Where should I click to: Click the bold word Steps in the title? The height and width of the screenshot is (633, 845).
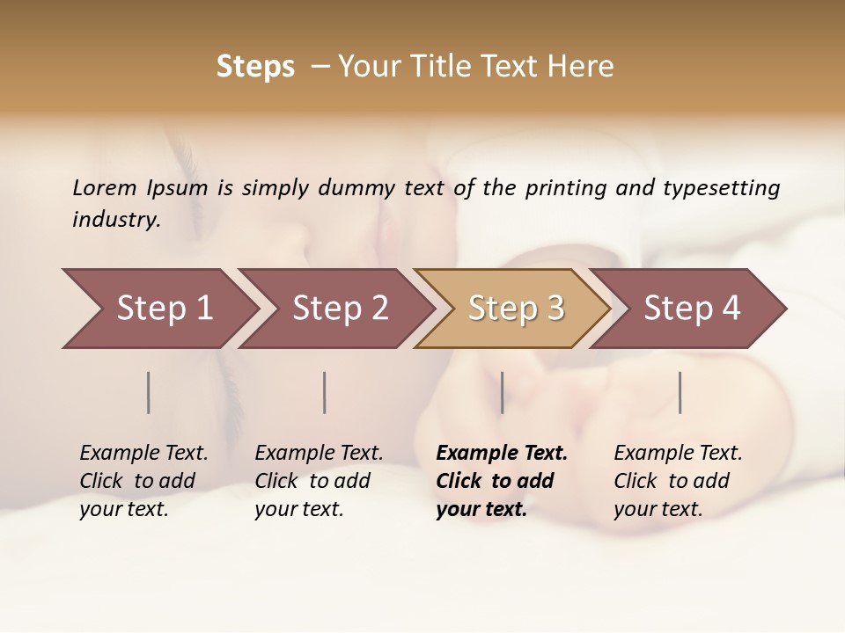(x=255, y=67)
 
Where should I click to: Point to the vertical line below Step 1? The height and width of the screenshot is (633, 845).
(x=148, y=392)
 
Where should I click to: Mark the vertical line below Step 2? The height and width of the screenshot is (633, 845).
(x=325, y=392)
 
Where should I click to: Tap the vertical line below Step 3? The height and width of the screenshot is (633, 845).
(x=502, y=392)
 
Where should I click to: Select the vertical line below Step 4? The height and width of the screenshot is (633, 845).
(x=680, y=392)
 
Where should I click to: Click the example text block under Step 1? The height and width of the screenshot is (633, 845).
(x=143, y=481)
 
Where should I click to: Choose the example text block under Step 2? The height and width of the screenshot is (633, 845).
(x=319, y=481)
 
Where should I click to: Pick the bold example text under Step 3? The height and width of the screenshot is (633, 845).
(x=502, y=481)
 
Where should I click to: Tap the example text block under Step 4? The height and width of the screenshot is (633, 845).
(x=678, y=481)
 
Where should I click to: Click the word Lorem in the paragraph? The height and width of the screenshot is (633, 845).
(x=104, y=188)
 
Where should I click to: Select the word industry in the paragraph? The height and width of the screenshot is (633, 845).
(x=115, y=220)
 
